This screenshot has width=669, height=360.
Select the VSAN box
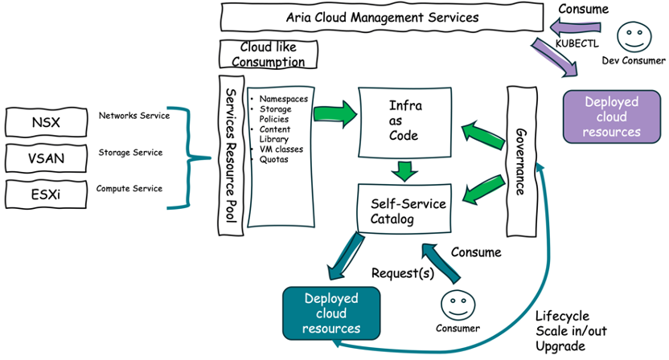click(45, 157)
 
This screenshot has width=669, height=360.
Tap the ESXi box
click(45, 194)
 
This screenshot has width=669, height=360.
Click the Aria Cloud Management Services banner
click(382, 17)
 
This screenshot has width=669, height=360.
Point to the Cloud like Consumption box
click(268, 55)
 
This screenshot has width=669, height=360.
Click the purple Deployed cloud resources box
click(611, 117)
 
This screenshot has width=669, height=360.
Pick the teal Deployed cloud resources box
click(331, 313)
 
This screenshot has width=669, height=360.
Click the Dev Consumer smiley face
click(633, 38)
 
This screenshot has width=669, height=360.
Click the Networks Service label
click(133, 116)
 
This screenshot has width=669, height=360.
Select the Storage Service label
click(130, 152)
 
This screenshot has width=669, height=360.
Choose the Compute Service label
click(129, 189)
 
